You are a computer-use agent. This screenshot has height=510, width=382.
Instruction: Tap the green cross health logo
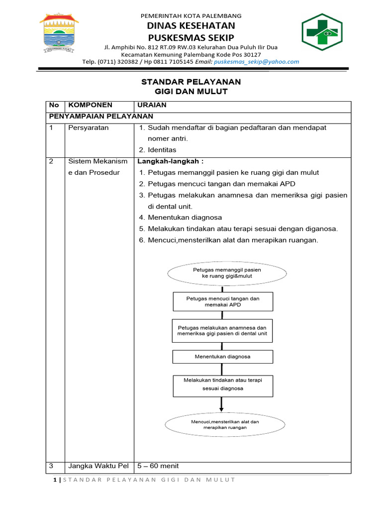[321, 33]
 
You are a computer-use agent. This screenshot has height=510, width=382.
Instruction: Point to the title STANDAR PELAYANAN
[191, 82]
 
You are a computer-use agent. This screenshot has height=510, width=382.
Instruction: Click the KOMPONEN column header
[90, 105]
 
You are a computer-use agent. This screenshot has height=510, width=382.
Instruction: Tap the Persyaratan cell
[88, 128]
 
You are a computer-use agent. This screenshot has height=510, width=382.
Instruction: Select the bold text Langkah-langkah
[170, 161]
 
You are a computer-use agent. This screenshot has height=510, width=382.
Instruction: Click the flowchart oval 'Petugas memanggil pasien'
[227, 272]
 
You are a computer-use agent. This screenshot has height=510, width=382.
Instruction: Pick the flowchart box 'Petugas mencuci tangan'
[222, 301]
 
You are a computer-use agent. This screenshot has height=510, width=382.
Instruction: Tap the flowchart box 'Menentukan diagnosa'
[222, 357]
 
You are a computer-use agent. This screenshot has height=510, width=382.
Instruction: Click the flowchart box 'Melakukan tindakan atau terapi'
[222, 384]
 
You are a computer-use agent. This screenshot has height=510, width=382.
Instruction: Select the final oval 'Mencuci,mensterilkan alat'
[225, 424]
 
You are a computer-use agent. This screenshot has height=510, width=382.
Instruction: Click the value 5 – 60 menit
[158, 466]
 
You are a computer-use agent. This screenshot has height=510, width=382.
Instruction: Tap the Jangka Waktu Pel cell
[98, 466]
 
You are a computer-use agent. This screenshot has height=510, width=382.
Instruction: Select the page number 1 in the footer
[54, 480]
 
